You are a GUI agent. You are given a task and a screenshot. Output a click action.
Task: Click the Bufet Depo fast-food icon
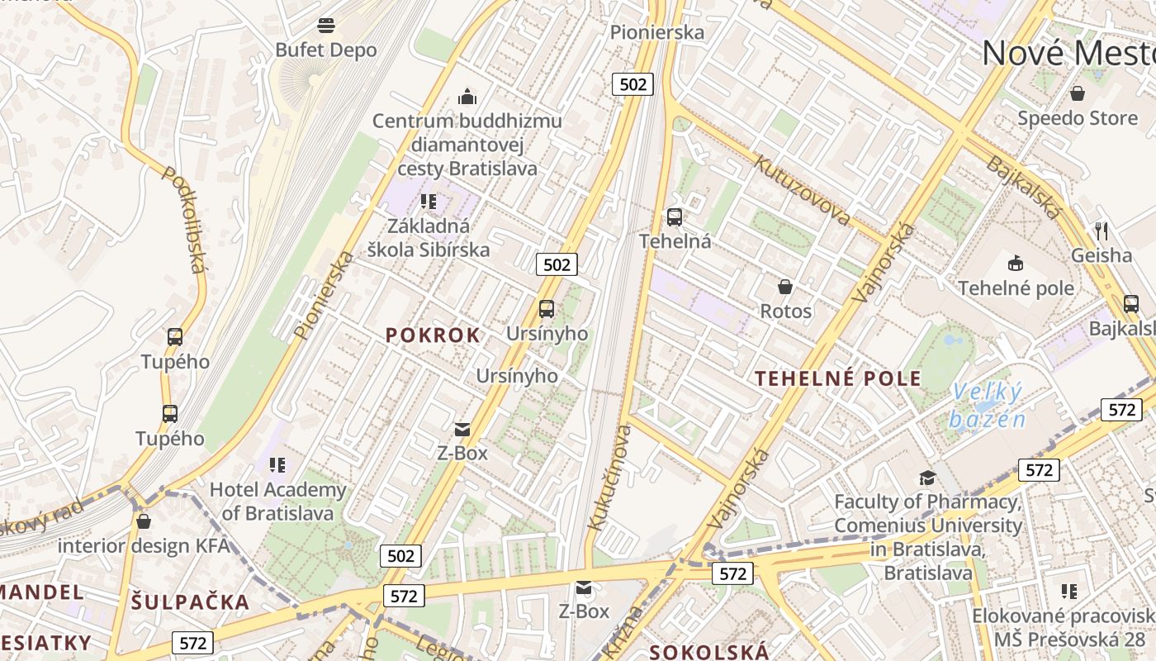pos(326,25)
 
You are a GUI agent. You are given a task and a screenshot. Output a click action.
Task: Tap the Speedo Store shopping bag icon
pos(1077,93)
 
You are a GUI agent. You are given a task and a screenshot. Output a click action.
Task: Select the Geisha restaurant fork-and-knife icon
pos(1101,230)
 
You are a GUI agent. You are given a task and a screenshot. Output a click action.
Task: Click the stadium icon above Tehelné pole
pos(1016,264)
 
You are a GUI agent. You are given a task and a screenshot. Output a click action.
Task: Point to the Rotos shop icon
pos(785,287)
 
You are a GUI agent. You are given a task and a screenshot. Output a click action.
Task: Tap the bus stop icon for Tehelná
pos(675,217)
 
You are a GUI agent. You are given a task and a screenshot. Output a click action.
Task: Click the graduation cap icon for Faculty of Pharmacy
pos(927,478)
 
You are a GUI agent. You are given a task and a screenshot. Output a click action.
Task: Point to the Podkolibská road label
pos(183,219)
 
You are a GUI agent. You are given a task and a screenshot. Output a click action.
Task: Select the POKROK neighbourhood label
pos(433,335)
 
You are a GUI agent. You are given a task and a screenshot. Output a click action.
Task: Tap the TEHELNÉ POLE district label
pos(838,378)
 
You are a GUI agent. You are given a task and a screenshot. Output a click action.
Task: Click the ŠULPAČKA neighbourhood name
pos(190,602)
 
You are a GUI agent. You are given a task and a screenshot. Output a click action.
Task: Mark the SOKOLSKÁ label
pos(709,651)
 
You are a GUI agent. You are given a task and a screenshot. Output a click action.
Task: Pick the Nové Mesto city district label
pos(1068,54)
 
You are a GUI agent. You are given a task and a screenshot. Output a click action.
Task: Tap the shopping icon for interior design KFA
pos(144,521)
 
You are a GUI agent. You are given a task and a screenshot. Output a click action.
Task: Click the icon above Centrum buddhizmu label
pos(467,97)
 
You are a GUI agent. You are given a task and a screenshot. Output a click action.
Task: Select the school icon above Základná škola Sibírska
pos(428,201)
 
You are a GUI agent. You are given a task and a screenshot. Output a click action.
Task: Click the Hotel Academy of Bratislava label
pos(277,501)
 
